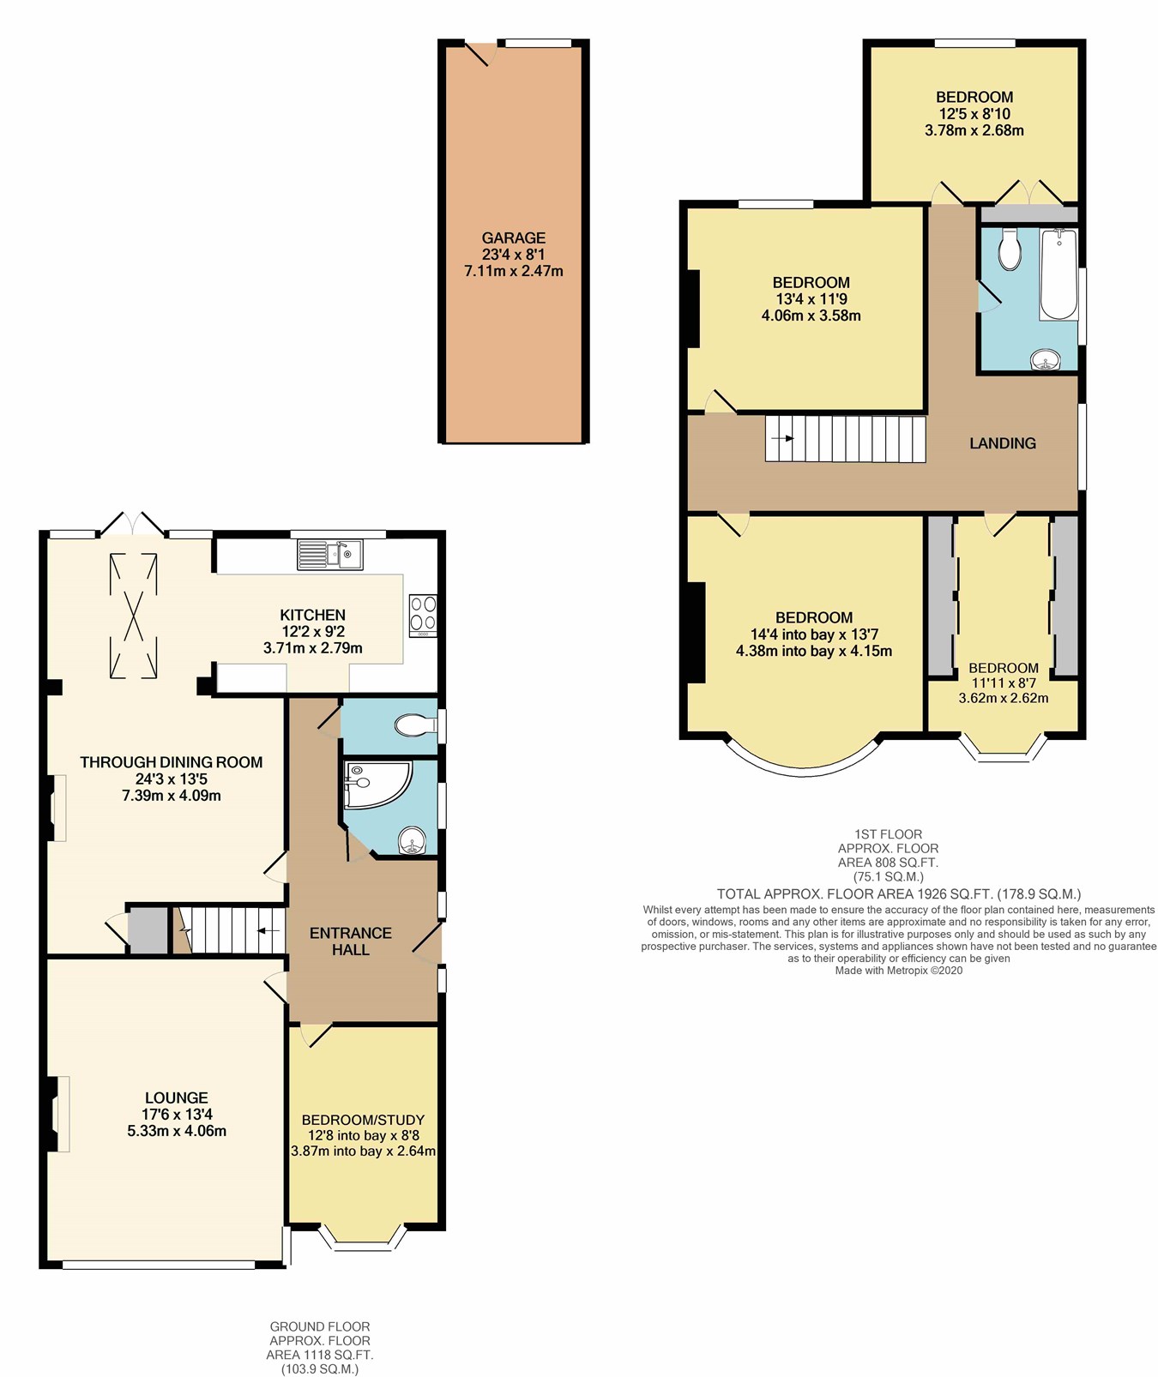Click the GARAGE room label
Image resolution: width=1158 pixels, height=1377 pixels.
[x=513, y=238]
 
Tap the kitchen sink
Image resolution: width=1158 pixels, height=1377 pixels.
[x=330, y=555]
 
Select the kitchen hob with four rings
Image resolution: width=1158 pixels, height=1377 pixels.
[x=422, y=614]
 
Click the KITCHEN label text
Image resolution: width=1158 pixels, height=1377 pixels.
[x=312, y=615]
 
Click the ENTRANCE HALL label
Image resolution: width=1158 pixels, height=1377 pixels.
[x=350, y=941]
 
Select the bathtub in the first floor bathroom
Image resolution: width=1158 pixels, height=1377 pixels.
[x=1058, y=274]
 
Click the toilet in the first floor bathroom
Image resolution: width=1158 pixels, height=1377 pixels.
[x=1010, y=250]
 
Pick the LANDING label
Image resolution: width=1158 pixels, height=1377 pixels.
[x=1002, y=443]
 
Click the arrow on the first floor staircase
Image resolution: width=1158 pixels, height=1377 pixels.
[x=782, y=438]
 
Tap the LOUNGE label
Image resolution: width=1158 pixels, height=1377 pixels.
[x=176, y=1097]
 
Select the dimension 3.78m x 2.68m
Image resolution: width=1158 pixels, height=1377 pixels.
[x=974, y=130]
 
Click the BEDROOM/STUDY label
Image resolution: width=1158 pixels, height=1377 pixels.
[x=363, y=1120]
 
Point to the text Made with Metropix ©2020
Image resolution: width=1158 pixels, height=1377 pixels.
[x=898, y=971]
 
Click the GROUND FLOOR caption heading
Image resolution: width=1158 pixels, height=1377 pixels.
[x=319, y=1326]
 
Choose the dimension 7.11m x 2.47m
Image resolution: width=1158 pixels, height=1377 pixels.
[x=513, y=271]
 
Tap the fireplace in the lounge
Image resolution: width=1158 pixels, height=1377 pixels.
[x=58, y=1114]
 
